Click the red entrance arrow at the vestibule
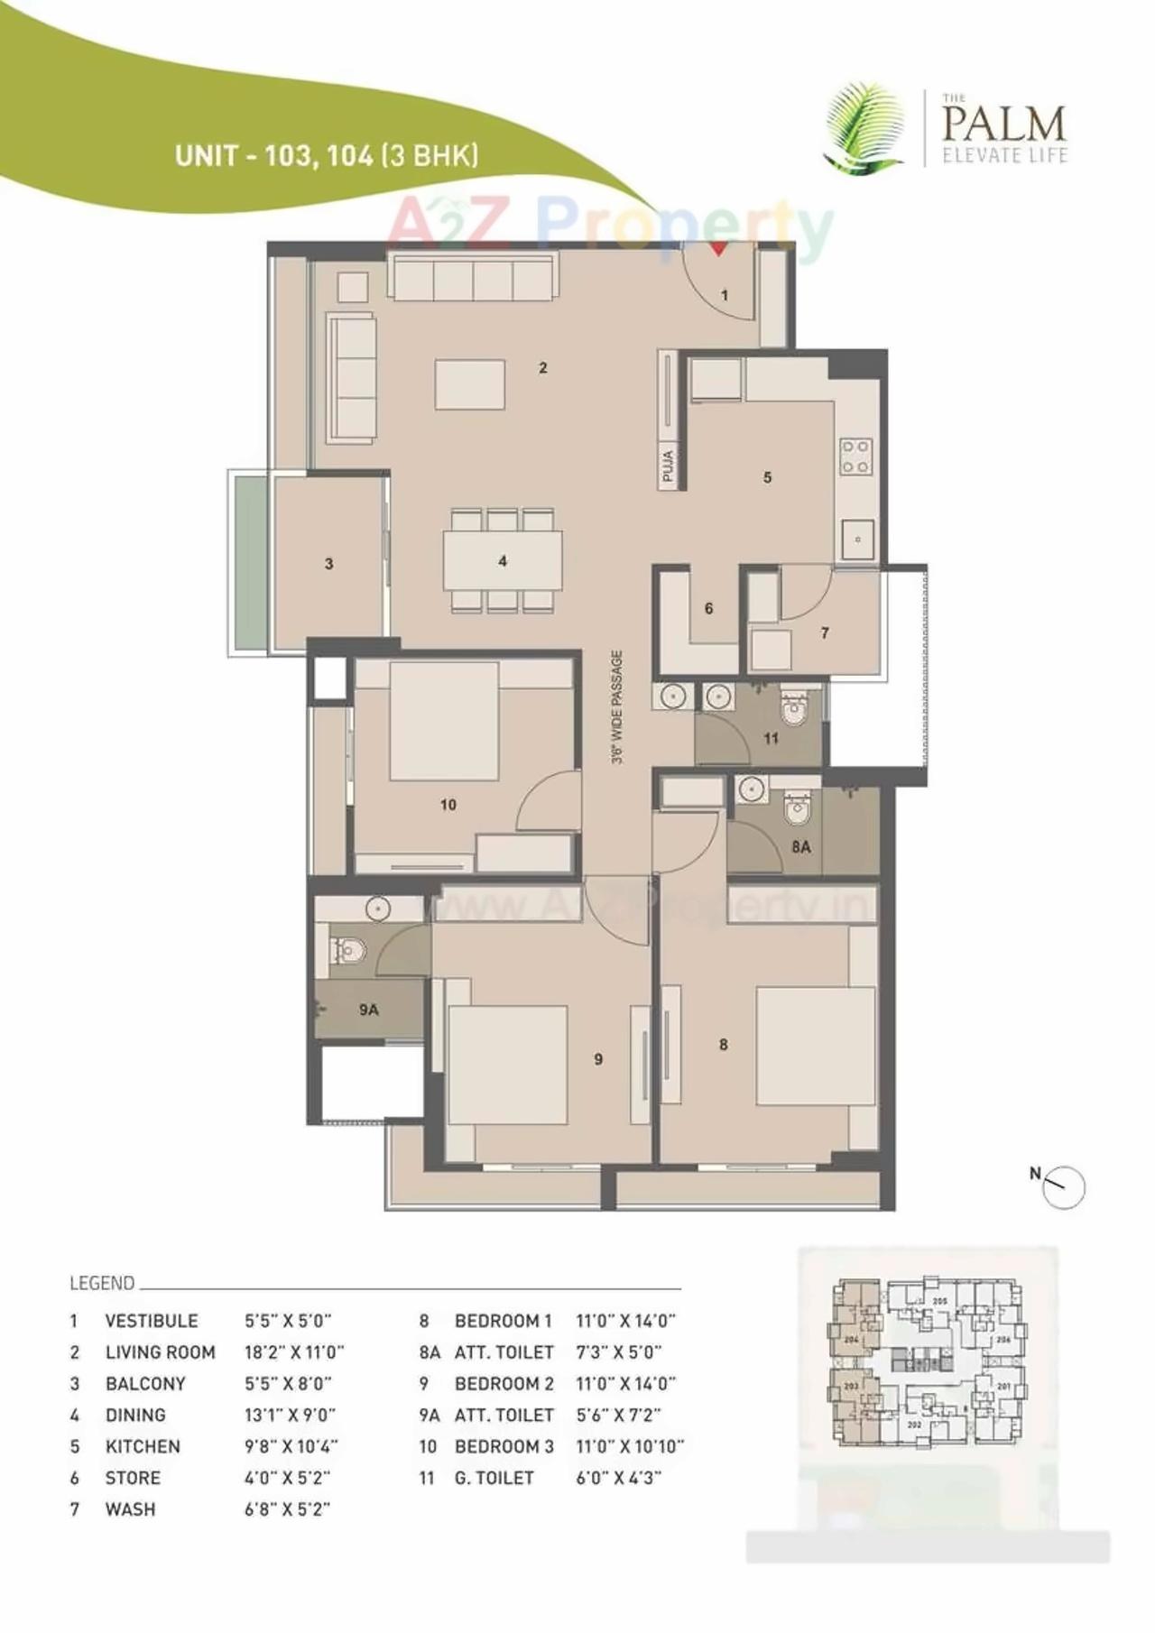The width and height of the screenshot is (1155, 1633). click(x=718, y=249)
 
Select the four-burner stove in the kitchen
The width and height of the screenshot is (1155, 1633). click(x=855, y=456)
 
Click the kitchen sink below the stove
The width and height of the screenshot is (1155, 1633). click(x=857, y=540)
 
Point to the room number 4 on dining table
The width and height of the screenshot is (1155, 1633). click(x=503, y=561)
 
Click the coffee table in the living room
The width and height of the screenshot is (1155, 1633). click(x=470, y=385)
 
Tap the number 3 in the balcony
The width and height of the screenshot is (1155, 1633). click(x=328, y=564)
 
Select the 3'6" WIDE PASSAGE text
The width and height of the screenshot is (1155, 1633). click(x=617, y=707)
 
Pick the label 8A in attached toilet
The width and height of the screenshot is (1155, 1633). click(x=801, y=847)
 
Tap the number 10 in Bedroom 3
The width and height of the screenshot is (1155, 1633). click(x=448, y=805)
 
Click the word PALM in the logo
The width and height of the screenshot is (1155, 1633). click(x=1003, y=123)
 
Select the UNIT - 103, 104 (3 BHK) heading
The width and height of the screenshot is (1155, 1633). click(x=327, y=155)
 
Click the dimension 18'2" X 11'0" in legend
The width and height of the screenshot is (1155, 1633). click(x=294, y=1352)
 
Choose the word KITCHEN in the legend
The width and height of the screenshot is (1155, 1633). click(x=143, y=1446)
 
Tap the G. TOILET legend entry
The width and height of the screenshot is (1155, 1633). click(x=494, y=1478)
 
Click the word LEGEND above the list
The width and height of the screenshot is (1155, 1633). click(x=102, y=1283)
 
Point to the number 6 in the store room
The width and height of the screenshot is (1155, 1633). click(x=708, y=609)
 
